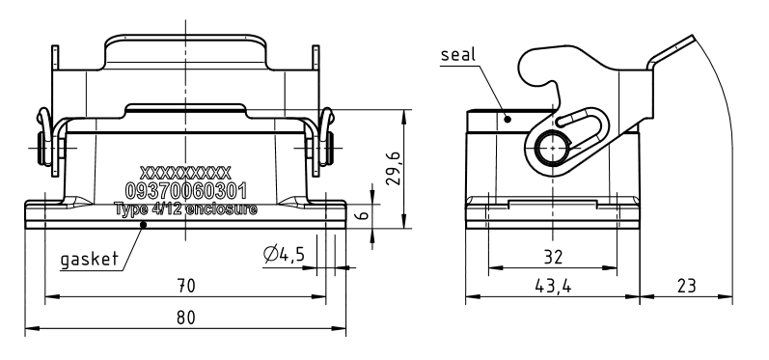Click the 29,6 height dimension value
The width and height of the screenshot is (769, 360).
tap(394, 168)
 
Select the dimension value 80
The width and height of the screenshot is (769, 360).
tap(186, 318)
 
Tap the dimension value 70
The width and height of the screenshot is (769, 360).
tap(186, 286)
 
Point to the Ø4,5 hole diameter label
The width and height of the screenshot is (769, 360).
tap(284, 254)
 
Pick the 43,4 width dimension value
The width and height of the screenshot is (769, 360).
tap(553, 286)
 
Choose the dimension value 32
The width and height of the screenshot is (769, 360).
tap(553, 257)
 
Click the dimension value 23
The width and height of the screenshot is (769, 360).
tap(686, 286)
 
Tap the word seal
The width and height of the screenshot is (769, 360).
tap(458, 54)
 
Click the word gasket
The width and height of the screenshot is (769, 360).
tap(90, 259)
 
